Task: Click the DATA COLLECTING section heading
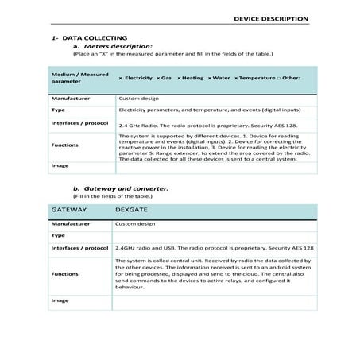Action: [80, 37]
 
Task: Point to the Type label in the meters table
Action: [57, 110]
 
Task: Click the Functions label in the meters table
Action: [64, 145]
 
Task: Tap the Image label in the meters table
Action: [59, 166]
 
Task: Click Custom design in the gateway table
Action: [137, 225]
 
